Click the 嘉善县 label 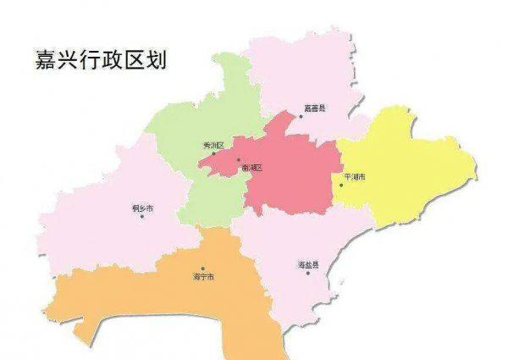point(315,108)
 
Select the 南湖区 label point(251,168)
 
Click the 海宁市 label point(203,277)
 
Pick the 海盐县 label point(307,266)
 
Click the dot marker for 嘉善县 point(300,116)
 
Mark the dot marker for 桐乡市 point(141,216)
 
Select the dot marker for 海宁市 point(202,269)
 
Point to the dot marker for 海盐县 point(308,274)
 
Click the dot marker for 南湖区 point(239,160)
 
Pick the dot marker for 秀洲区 point(213,154)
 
